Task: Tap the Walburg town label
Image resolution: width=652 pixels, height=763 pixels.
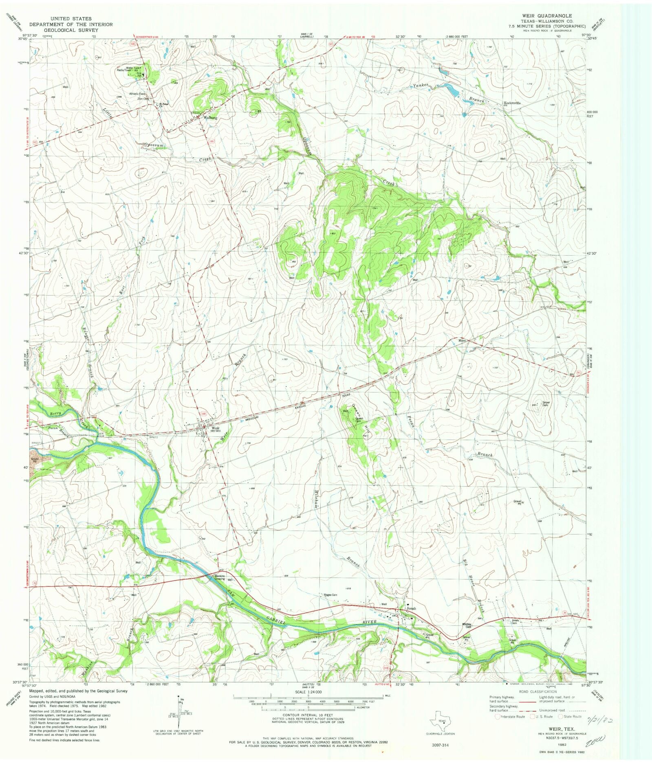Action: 210,118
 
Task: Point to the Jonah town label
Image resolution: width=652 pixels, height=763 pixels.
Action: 412,608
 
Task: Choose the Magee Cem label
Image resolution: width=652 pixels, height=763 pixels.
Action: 330,595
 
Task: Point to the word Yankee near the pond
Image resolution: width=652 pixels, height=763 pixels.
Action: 421,86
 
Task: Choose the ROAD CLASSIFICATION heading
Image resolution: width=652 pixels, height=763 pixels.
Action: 537,691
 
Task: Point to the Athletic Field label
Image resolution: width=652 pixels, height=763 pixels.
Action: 137,94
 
